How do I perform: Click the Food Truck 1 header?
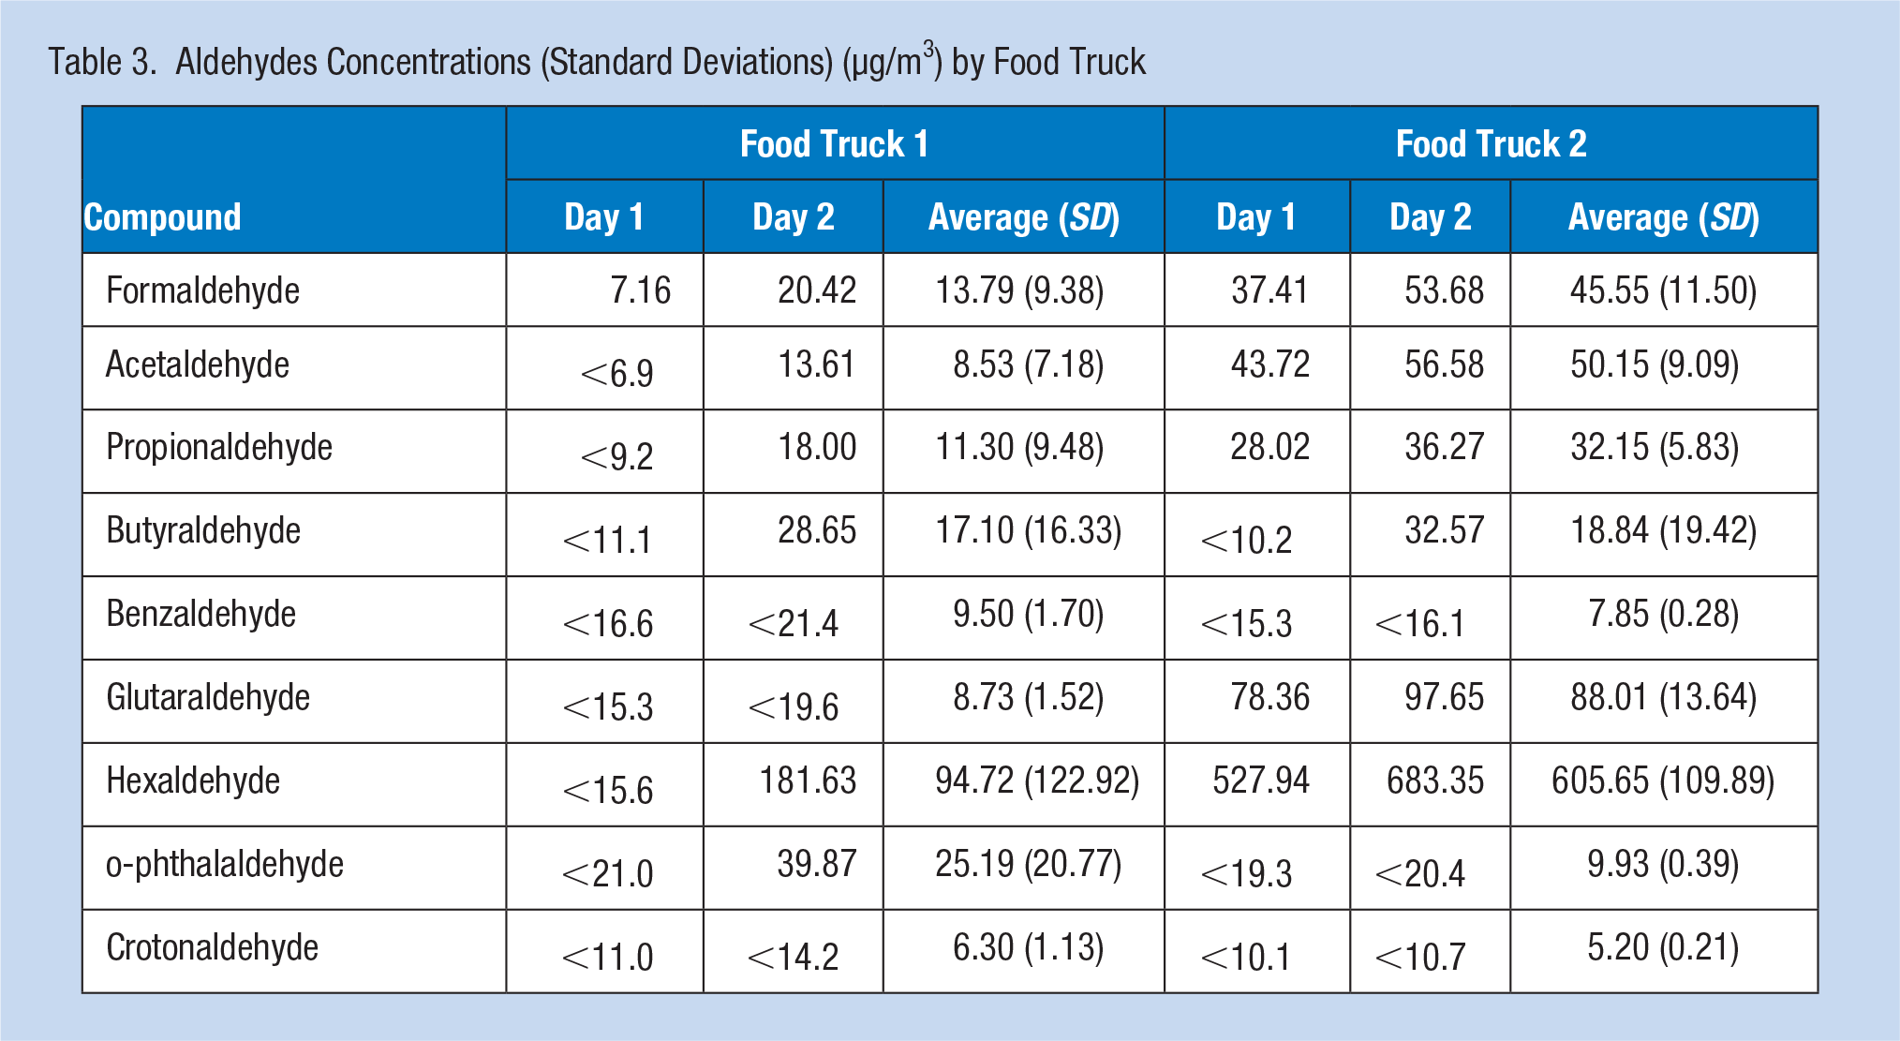[x=834, y=144]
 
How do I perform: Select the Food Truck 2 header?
[x=1491, y=144]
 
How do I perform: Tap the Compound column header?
[x=163, y=217]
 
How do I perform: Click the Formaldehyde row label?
[x=202, y=290]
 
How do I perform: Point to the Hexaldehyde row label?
[x=193, y=781]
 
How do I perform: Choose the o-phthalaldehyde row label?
[x=225, y=864]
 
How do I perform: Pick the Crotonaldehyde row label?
[x=212, y=947]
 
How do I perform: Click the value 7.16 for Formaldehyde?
[x=641, y=290]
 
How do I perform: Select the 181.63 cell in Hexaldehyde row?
[x=808, y=781]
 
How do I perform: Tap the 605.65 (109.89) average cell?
[x=1663, y=781]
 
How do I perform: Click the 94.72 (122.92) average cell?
[x=1037, y=781]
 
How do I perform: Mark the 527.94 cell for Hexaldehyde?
[x=1261, y=781]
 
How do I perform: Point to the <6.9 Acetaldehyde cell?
[x=617, y=374]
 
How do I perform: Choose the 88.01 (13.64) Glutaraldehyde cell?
[x=1663, y=697]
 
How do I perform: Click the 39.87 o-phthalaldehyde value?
[x=817, y=864]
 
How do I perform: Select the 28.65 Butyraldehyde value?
[x=817, y=530]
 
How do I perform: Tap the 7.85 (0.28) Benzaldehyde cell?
[x=1663, y=614]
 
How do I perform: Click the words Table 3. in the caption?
[x=102, y=62]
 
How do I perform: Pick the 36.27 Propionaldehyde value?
[x=1444, y=447]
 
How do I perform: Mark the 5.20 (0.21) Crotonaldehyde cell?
[x=1663, y=947]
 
